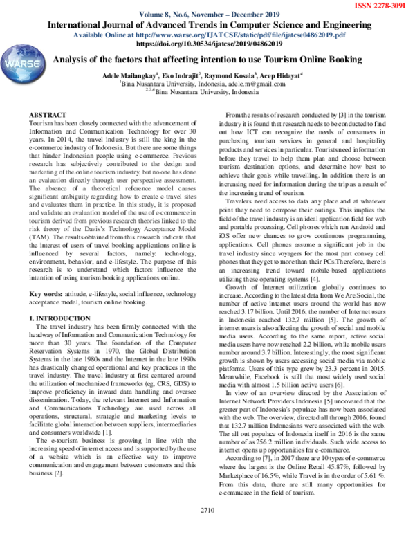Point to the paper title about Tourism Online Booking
(x=207, y=60)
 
